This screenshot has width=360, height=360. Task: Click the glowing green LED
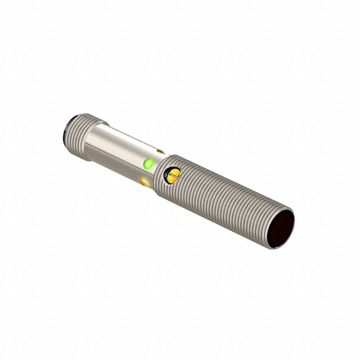click(x=148, y=164)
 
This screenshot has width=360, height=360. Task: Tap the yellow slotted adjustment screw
click(x=171, y=178)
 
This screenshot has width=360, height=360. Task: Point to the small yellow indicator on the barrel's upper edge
click(x=161, y=151)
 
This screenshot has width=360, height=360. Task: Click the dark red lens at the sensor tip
click(x=283, y=230)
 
